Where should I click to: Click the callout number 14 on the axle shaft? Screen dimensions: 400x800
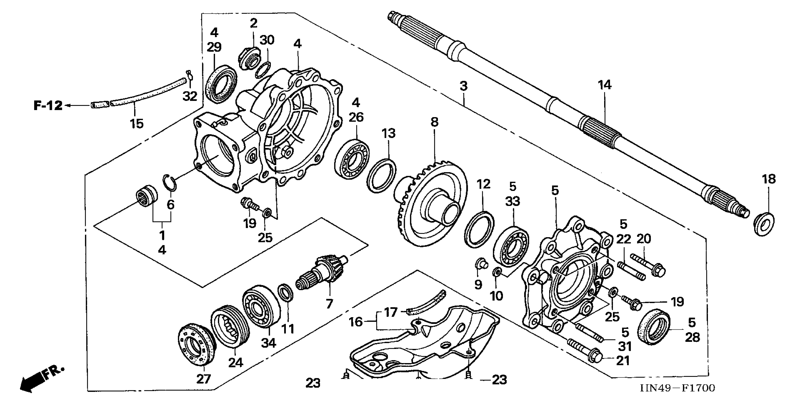coord(605,85)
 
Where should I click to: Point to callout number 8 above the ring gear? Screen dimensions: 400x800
coord(434,122)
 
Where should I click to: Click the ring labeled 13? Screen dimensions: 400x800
coord(381,176)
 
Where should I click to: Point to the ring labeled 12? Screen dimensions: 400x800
coord(479,230)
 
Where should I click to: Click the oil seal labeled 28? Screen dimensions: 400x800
coord(653,326)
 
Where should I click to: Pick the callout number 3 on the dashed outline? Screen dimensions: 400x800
coord(463,86)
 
